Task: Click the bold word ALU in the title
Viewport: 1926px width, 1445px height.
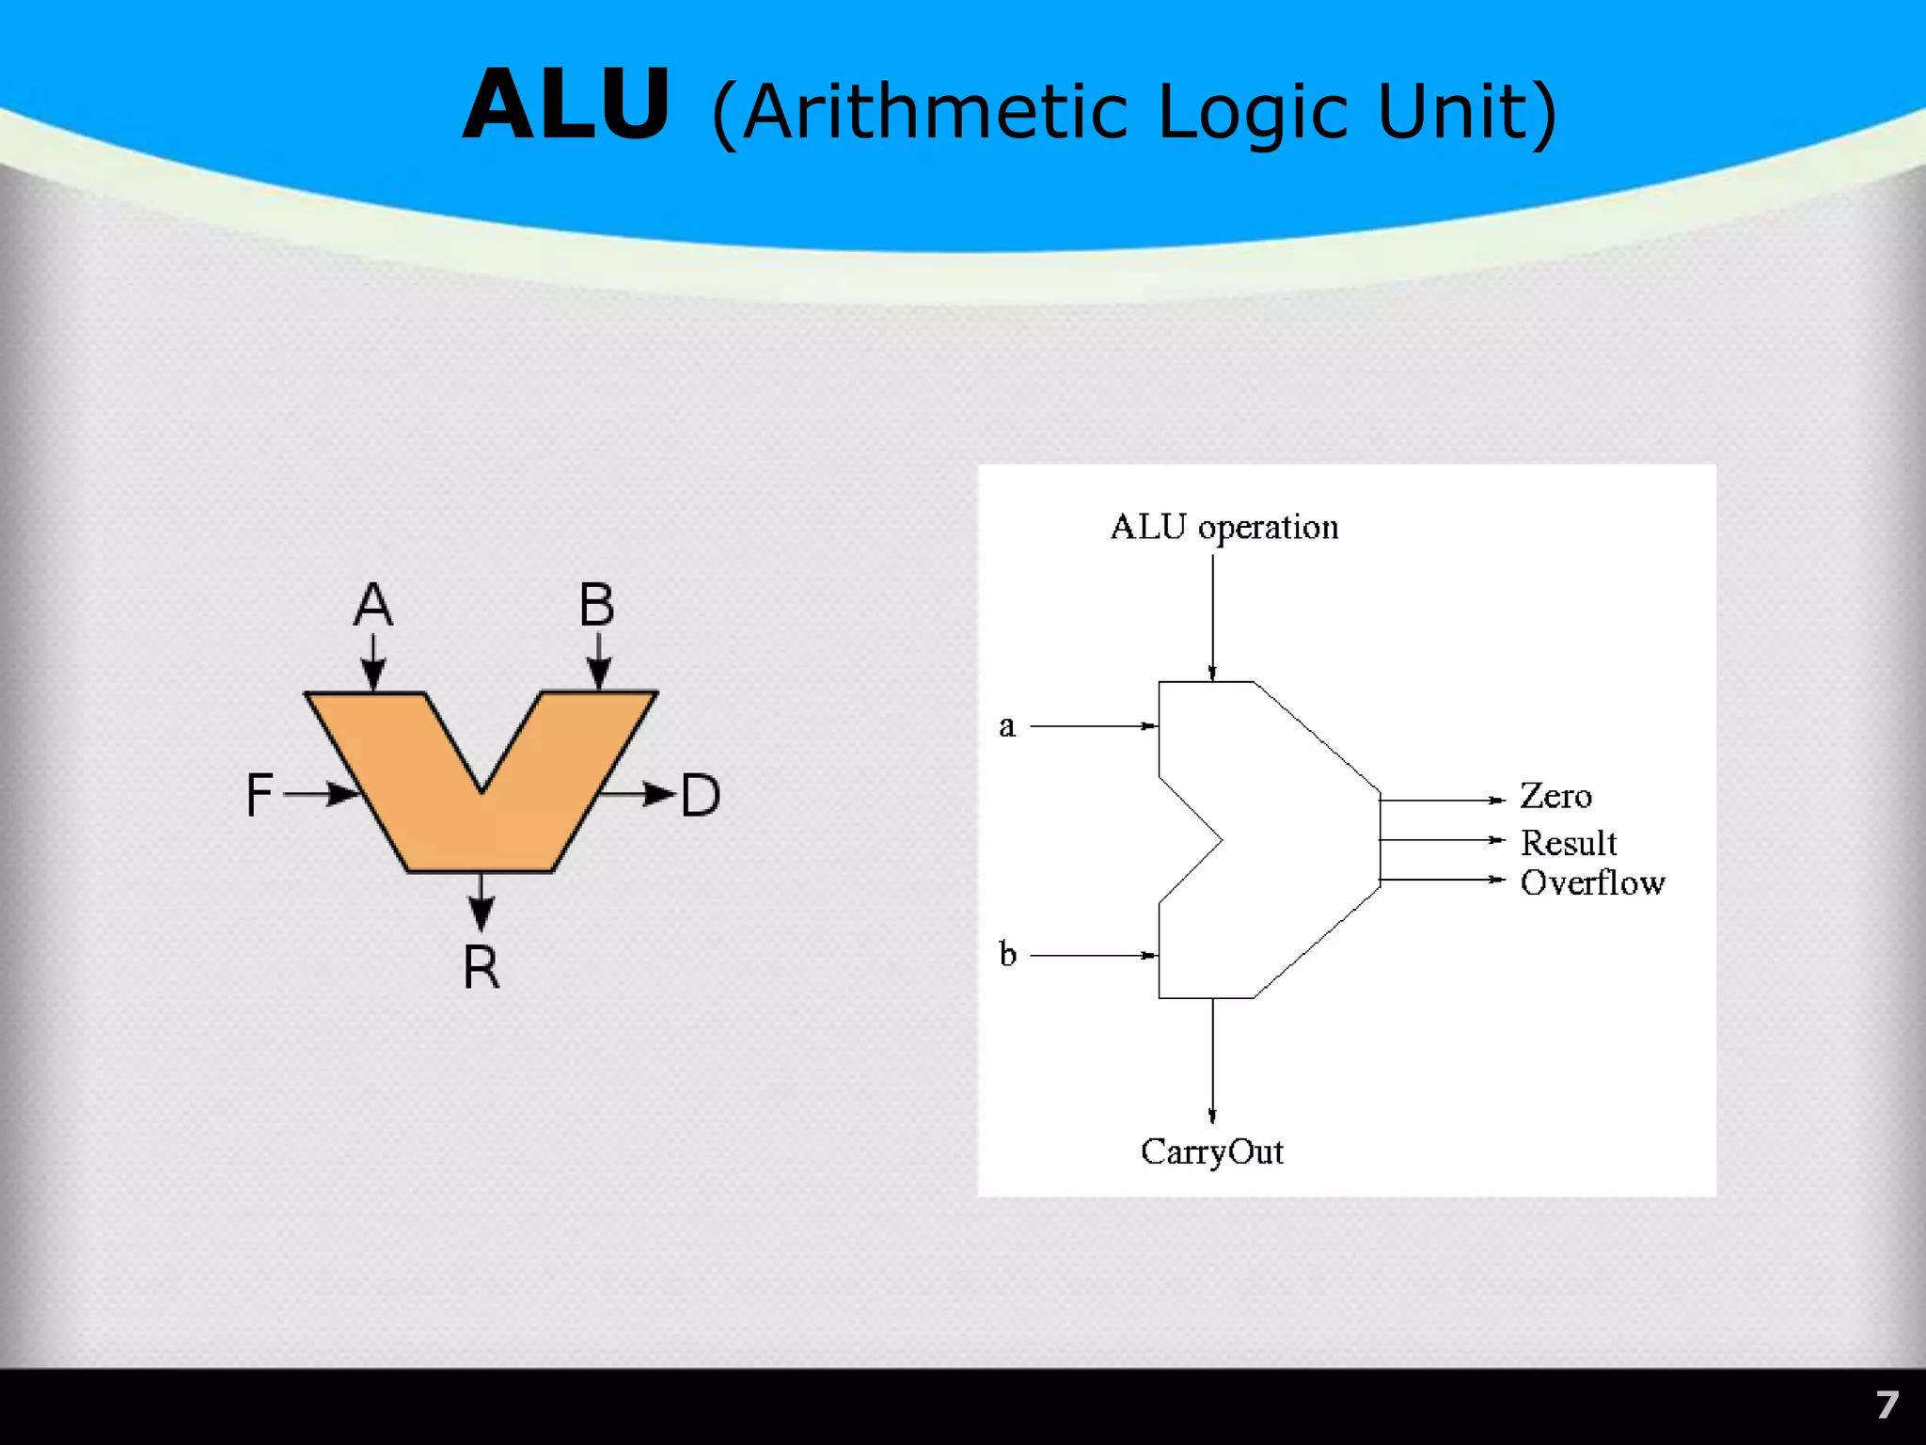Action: click(566, 105)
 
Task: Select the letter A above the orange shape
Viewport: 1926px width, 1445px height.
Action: click(373, 604)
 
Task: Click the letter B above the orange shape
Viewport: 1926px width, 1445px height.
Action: click(596, 604)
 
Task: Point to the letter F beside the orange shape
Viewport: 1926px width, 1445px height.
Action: click(260, 795)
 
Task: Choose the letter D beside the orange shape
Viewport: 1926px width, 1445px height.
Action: click(701, 796)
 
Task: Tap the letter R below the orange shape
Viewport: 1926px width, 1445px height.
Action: click(481, 967)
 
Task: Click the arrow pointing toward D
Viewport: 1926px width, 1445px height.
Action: click(639, 794)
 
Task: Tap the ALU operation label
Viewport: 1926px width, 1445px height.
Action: click(1224, 528)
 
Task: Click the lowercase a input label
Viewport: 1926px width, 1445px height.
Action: click(1007, 727)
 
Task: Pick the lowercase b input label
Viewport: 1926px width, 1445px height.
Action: click(1007, 954)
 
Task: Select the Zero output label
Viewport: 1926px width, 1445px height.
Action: click(1555, 797)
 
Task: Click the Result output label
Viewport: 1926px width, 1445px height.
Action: click(1569, 843)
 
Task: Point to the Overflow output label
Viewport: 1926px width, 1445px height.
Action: click(1592, 882)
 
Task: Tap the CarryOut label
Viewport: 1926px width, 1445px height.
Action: click(1211, 1152)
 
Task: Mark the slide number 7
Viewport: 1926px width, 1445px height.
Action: click(1887, 1405)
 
